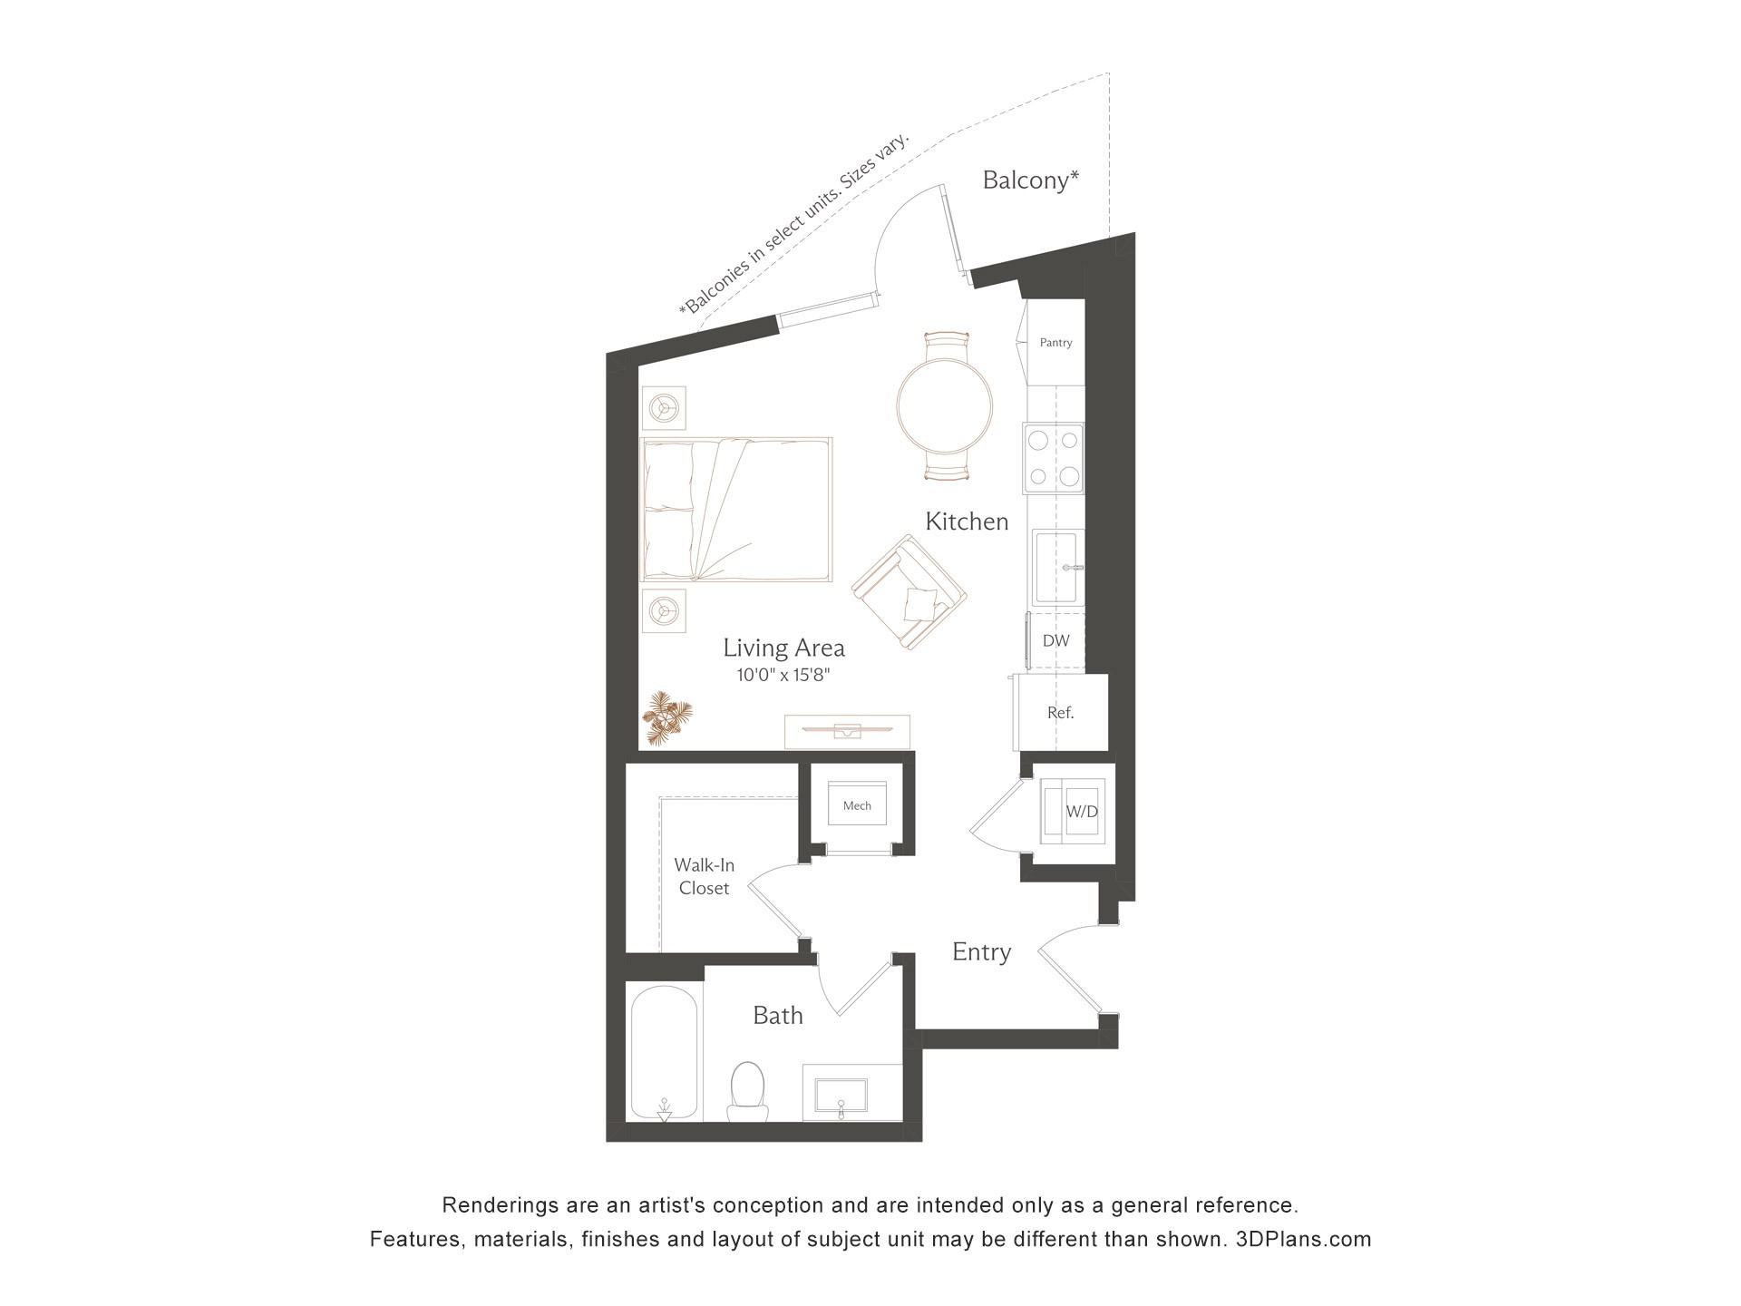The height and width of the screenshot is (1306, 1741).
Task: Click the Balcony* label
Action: (x=1030, y=180)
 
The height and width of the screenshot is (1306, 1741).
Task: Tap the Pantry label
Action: (x=1055, y=343)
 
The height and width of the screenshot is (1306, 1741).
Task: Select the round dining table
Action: (x=945, y=405)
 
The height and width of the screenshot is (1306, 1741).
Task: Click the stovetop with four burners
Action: (x=1054, y=458)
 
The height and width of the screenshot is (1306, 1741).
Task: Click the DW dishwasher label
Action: (x=1055, y=640)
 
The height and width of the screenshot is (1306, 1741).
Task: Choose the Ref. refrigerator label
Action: (x=1060, y=713)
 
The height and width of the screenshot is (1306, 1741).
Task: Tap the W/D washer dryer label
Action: (x=1081, y=812)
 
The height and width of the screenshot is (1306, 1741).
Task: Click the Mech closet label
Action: (x=857, y=805)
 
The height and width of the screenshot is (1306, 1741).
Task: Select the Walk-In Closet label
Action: (x=704, y=877)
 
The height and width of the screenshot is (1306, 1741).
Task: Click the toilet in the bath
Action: (x=748, y=1092)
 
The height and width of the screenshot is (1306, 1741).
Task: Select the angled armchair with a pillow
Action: (x=909, y=591)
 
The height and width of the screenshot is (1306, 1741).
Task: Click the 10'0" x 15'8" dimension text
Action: (x=783, y=675)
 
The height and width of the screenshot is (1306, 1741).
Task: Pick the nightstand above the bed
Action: (x=664, y=408)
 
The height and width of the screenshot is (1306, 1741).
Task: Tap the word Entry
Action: (x=981, y=952)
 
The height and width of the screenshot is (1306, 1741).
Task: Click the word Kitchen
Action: (x=967, y=521)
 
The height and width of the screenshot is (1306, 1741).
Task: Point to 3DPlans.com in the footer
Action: (x=1303, y=1239)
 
